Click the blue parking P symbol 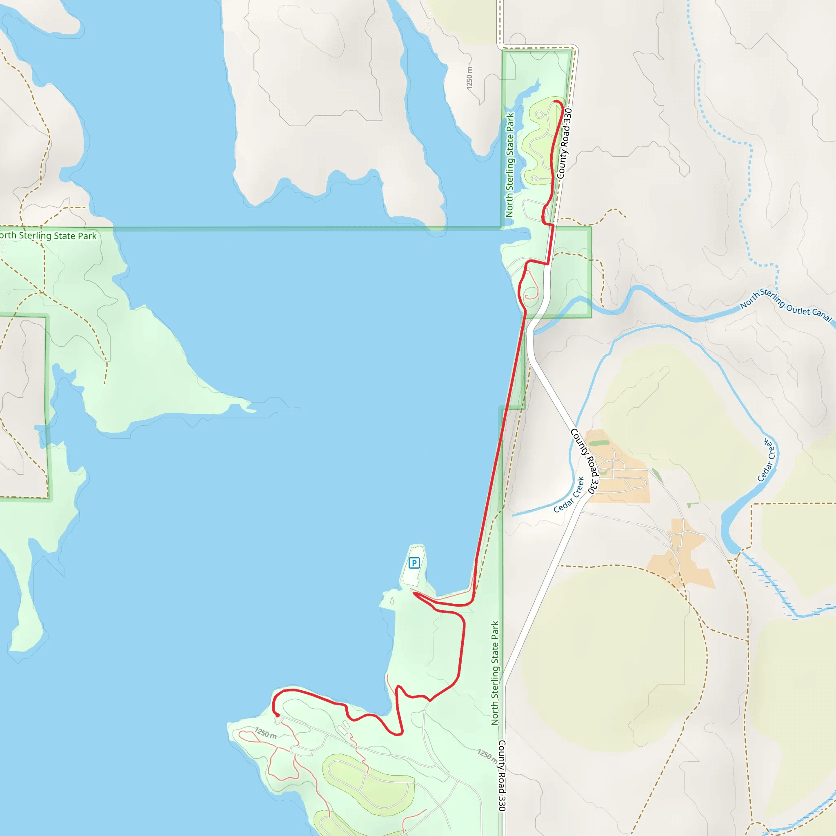click(x=414, y=563)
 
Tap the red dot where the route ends click(x=277, y=715)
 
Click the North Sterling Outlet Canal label click(x=785, y=305)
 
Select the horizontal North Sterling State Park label click(x=48, y=236)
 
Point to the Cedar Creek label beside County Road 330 click(x=569, y=495)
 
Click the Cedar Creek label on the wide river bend click(x=767, y=460)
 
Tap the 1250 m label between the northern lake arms click(x=469, y=78)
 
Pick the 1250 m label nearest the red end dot click(x=266, y=733)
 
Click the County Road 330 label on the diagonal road click(x=585, y=461)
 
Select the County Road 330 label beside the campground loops click(x=564, y=143)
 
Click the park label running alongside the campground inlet click(x=510, y=165)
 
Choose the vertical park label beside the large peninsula click(x=495, y=673)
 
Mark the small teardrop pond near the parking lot click(x=392, y=600)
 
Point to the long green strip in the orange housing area click(x=599, y=443)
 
